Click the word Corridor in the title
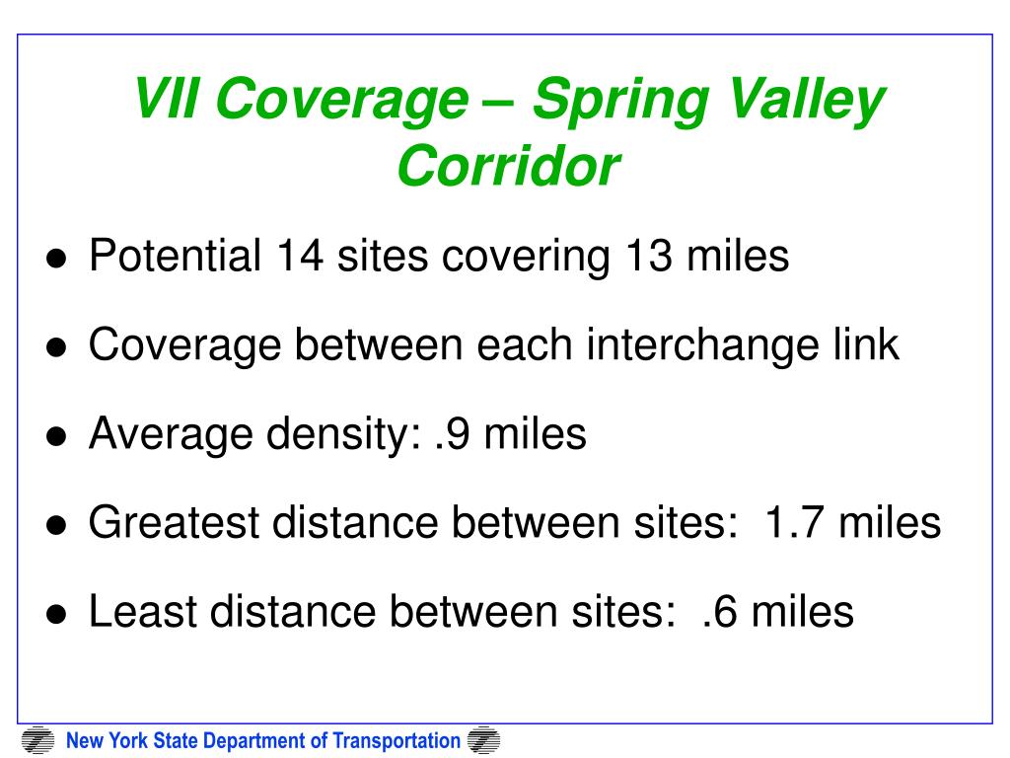[x=509, y=166]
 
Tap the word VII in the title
[x=166, y=98]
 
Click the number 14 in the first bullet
[x=300, y=256]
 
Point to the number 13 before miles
[x=649, y=256]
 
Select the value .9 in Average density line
[x=452, y=434]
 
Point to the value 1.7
[x=794, y=523]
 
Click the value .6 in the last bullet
[x=719, y=612]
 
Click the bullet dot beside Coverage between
[x=56, y=348]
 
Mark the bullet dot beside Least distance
[x=56, y=615]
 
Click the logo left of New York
[x=38, y=740]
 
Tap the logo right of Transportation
[x=483, y=740]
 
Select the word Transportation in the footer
[x=397, y=741]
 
